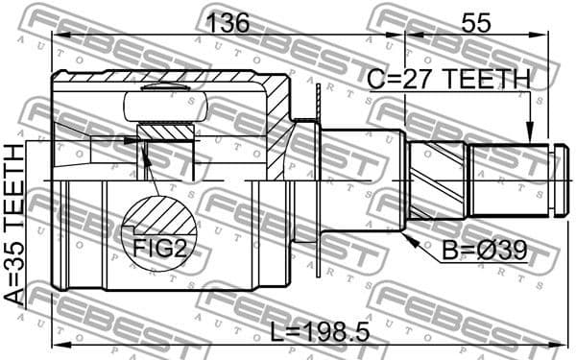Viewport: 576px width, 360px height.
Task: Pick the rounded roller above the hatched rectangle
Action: (x=169, y=94)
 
